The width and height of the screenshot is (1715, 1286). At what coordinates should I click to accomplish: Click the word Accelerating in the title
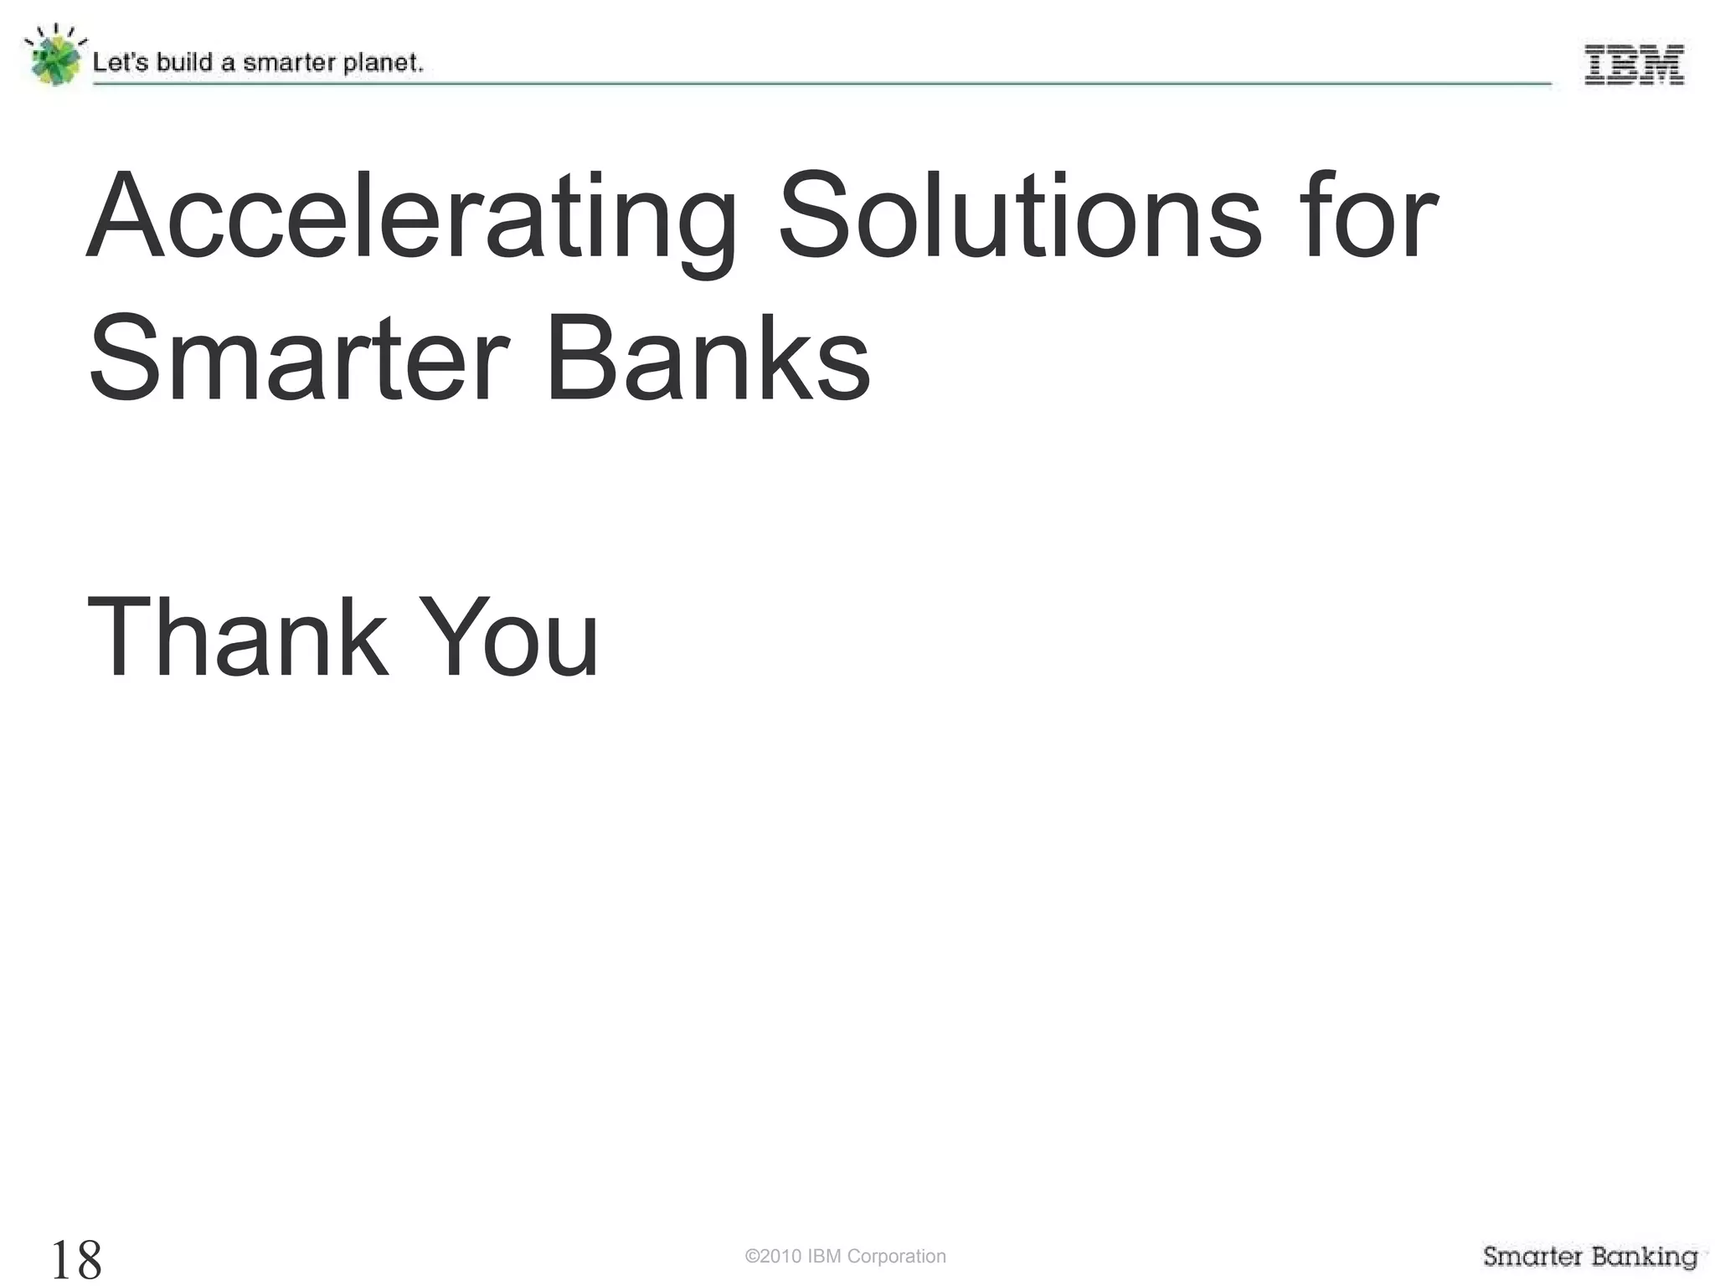point(410,219)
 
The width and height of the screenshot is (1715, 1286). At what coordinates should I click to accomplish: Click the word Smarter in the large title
point(298,360)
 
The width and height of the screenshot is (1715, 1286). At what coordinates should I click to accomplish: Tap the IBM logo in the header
point(1633,65)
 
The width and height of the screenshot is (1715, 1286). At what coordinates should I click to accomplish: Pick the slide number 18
point(76,1258)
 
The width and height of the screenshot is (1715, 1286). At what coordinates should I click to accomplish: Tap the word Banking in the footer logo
point(1645,1256)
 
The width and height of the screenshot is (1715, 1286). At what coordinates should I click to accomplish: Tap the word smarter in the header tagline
point(282,64)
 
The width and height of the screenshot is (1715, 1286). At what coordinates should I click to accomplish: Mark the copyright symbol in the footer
point(751,1256)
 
